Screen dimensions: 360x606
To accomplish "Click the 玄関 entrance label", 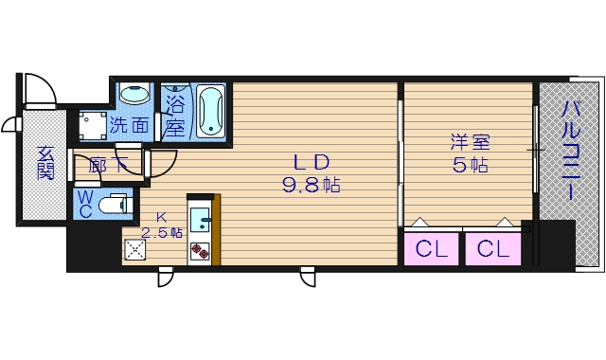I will pyautogui.click(x=45, y=163).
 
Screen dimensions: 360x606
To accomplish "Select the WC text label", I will pyautogui.click(x=84, y=203).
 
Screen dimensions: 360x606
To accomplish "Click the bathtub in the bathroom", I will pyautogui.click(x=210, y=111).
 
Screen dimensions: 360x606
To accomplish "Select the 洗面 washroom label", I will pyautogui.click(x=129, y=124).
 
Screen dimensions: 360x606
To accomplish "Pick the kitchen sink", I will pyautogui.click(x=201, y=220).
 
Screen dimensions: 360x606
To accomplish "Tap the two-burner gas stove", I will pyautogui.click(x=201, y=251).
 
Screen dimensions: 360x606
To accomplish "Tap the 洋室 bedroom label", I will pyautogui.click(x=469, y=143).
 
